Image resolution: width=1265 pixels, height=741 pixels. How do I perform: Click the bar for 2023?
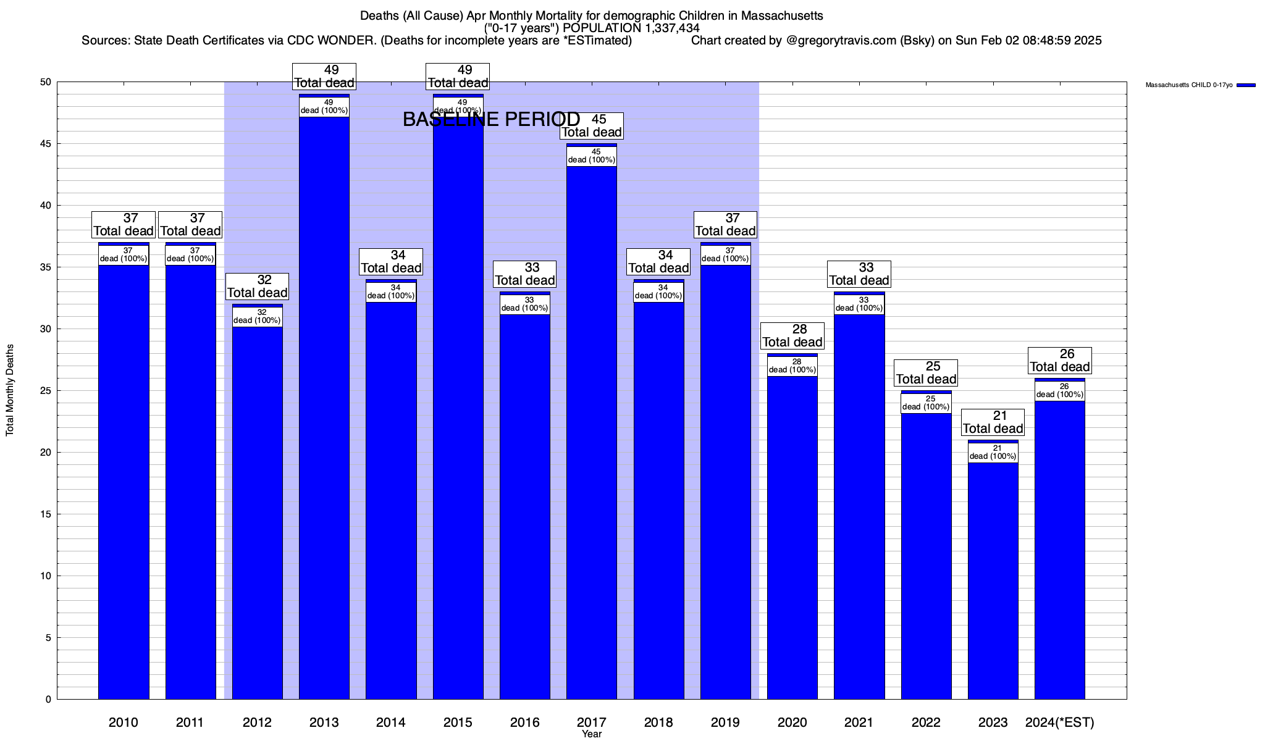tap(993, 580)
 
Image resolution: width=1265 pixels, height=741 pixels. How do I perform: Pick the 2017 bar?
tap(592, 432)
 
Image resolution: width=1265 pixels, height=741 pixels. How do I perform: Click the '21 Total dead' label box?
tap(993, 422)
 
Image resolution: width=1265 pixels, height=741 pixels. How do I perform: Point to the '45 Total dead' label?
tap(592, 126)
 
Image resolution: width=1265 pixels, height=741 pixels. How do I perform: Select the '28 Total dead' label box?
tap(792, 336)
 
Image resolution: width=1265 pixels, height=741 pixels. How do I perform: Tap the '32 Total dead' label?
tap(258, 287)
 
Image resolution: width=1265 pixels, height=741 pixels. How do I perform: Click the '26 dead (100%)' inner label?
tap(1060, 391)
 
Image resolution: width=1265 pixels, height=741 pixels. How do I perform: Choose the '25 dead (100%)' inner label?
tap(926, 403)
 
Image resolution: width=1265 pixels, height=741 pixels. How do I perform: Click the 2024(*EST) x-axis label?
tap(1059, 722)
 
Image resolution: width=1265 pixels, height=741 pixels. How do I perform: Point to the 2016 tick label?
tap(525, 722)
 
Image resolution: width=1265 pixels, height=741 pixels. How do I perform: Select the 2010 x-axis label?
tap(124, 722)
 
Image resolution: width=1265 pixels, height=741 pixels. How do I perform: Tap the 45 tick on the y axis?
tap(46, 144)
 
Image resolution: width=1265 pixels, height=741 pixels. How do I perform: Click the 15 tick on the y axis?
tap(47, 514)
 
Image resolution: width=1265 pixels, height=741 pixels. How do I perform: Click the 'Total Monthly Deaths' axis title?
tap(10, 390)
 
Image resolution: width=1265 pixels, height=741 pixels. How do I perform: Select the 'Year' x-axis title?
tap(592, 734)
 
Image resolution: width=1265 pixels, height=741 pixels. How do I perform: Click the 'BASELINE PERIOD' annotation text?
tap(491, 119)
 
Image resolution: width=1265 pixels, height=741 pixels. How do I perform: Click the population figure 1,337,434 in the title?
tap(670, 28)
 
